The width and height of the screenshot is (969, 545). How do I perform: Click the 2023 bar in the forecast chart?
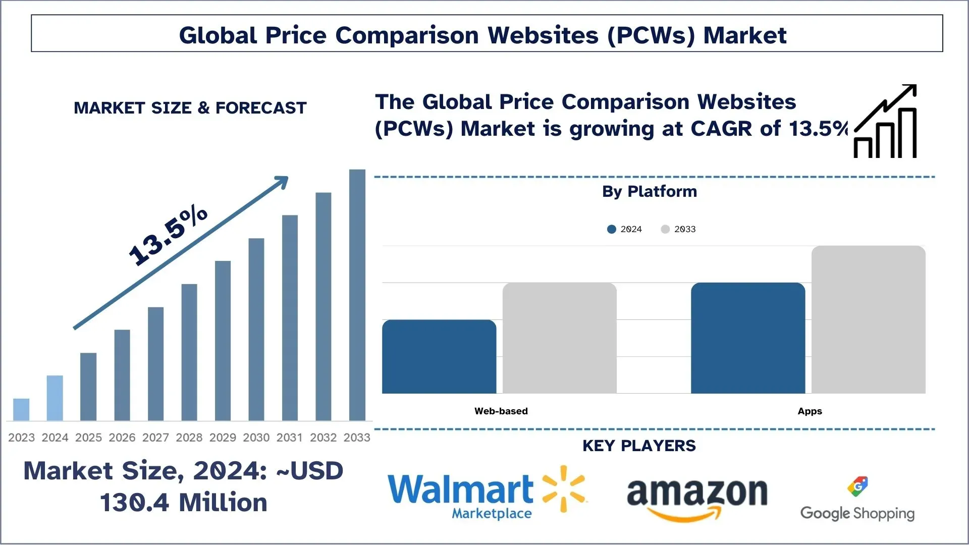click(21, 409)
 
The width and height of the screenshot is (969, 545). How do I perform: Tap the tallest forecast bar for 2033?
click(357, 295)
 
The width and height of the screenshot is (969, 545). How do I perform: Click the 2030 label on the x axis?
click(256, 438)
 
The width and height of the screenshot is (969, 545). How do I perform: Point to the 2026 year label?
click(122, 438)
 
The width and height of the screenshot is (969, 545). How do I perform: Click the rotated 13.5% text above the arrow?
click(168, 236)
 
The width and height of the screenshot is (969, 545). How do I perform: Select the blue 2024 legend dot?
click(612, 229)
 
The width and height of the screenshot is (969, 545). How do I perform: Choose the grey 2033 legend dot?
click(665, 229)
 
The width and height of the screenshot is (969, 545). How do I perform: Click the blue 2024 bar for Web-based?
click(439, 356)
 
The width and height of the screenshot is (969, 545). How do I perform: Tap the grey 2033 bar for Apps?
click(869, 319)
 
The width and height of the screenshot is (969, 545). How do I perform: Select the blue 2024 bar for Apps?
click(748, 338)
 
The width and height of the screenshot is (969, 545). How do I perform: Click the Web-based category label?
click(501, 411)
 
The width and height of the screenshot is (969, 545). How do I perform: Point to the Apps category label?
click(810, 411)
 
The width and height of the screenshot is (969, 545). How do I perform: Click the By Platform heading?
click(650, 192)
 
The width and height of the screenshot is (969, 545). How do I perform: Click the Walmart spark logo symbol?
click(564, 488)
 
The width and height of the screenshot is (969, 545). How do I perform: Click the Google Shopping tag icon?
click(857, 486)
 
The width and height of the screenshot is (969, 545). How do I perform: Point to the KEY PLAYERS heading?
click(639, 446)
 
